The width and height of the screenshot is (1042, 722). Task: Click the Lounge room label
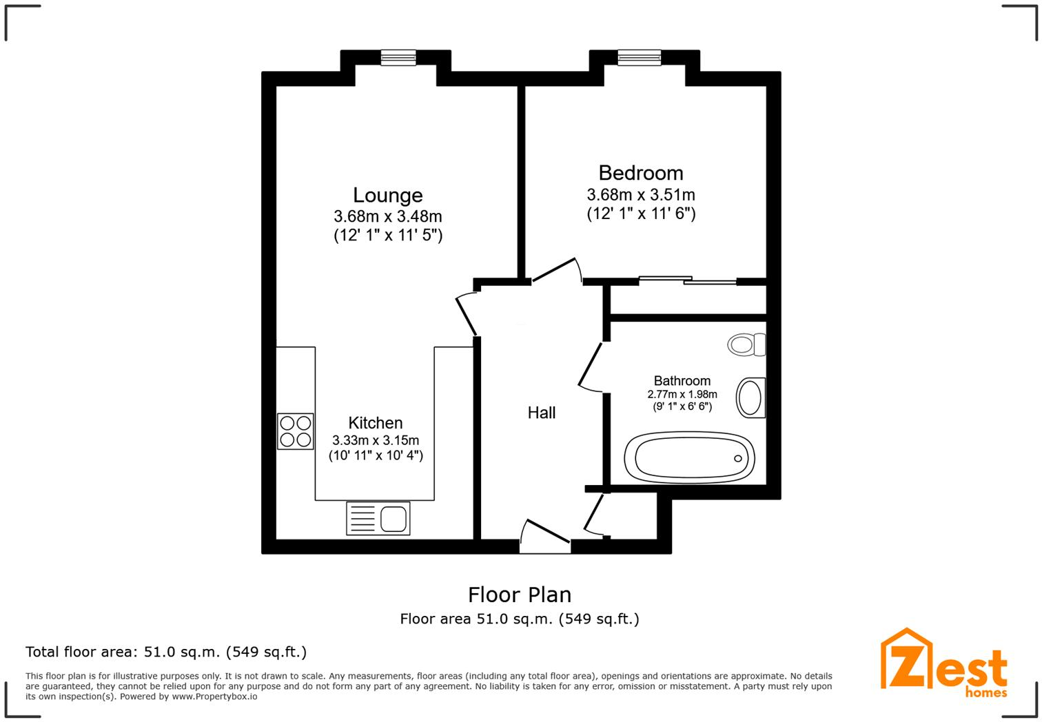click(x=387, y=196)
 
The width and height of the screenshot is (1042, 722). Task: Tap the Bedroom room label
click(x=640, y=173)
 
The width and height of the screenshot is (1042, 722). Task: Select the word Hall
click(x=541, y=413)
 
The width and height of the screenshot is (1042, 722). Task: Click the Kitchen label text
click(x=375, y=423)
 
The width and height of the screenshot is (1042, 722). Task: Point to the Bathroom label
click(x=682, y=381)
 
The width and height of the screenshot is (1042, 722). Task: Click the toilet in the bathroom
click(x=746, y=344)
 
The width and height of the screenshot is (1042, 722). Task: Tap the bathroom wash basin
click(x=750, y=398)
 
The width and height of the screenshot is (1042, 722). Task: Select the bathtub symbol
click(x=689, y=457)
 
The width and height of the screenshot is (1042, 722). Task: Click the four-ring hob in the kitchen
click(x=295, y=431)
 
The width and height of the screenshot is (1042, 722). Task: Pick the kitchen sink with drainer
click(x=378, y=519)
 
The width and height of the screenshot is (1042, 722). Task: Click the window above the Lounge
click(x=398, y=58)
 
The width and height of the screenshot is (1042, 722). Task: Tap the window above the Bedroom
click(x=639, y=58)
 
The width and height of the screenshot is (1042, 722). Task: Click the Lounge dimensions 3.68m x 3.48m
click(x=387, y=216)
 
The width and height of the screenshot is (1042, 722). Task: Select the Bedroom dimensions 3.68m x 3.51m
click(x=640, y=195)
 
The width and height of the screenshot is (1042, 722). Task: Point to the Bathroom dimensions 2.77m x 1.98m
click(x=682, y=395)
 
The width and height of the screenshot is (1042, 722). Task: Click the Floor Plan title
click(x=520, y=595)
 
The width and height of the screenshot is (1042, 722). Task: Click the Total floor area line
click(x=166, y=652)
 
